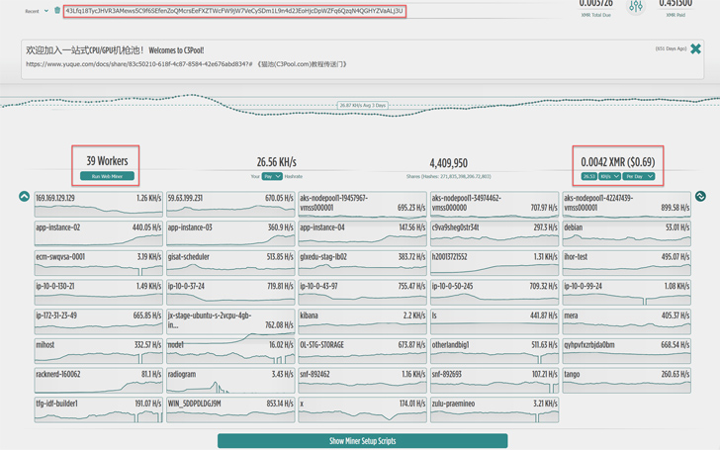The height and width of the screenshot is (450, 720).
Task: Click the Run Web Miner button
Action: [x=107, y=176]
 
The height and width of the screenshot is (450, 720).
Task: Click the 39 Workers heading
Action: [x=107, y=160]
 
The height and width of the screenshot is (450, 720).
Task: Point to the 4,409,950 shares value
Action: [x=448, y=163]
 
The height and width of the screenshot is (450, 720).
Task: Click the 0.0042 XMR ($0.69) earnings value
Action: [x=617, y=161]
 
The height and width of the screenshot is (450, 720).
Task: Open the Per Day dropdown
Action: [x=639, y=176]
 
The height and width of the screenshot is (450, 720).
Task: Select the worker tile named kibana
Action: [x=362, y=321]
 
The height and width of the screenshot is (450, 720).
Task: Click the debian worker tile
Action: [x=626, y=232]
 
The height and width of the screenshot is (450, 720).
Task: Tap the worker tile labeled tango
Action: [x=626, y=380]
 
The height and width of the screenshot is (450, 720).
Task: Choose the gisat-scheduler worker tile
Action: [x=230, y=262]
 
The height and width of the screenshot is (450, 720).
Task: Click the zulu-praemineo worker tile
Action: [x=495, y=409]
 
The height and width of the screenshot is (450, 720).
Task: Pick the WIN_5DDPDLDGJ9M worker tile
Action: [x=230, y=409]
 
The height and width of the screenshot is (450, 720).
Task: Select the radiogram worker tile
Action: [x=230, y=380]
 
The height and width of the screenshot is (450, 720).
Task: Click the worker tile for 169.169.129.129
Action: [x=98, y=204]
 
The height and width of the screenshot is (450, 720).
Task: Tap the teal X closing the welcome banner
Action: [x=695, y=48]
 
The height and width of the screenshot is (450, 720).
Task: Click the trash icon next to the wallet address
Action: [x=56, y=11]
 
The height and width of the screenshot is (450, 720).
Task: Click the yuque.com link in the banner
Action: [x=138, y=64]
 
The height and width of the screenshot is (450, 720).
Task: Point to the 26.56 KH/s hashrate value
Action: [x=276, y=162]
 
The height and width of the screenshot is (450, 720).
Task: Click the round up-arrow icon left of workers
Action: [x=24, y=197]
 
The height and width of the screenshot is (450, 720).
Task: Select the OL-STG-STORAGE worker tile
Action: [x=362, y=350]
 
